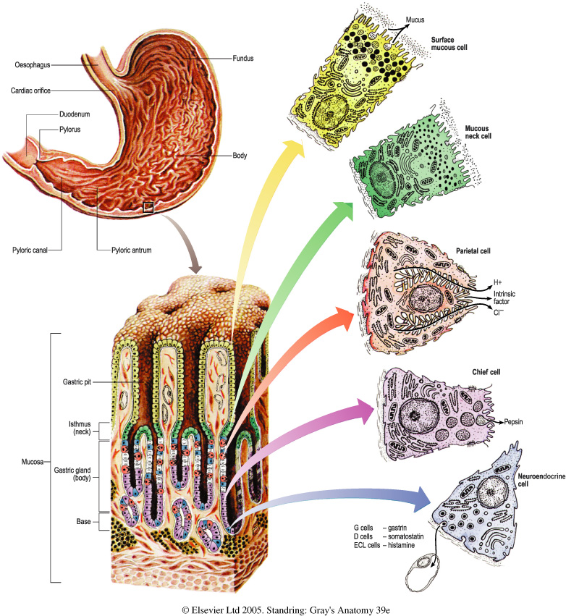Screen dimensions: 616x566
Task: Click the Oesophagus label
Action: point(31,64)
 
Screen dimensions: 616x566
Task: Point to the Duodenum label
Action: point(74,114)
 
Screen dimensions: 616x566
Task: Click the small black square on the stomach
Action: point(148,208)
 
